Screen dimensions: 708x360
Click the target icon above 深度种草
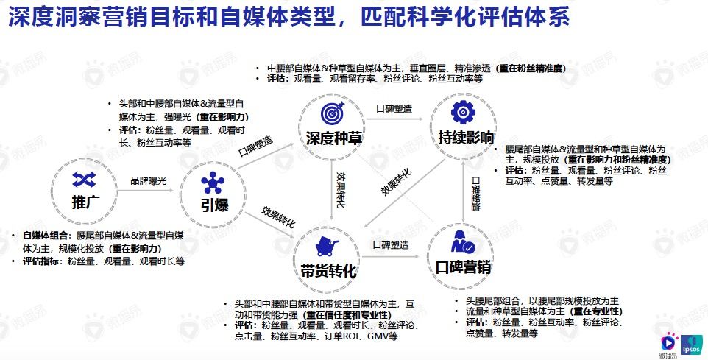pos(328,112)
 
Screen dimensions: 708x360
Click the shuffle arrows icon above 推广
pos(82,180)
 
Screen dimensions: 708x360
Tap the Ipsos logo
pos(691,345)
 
